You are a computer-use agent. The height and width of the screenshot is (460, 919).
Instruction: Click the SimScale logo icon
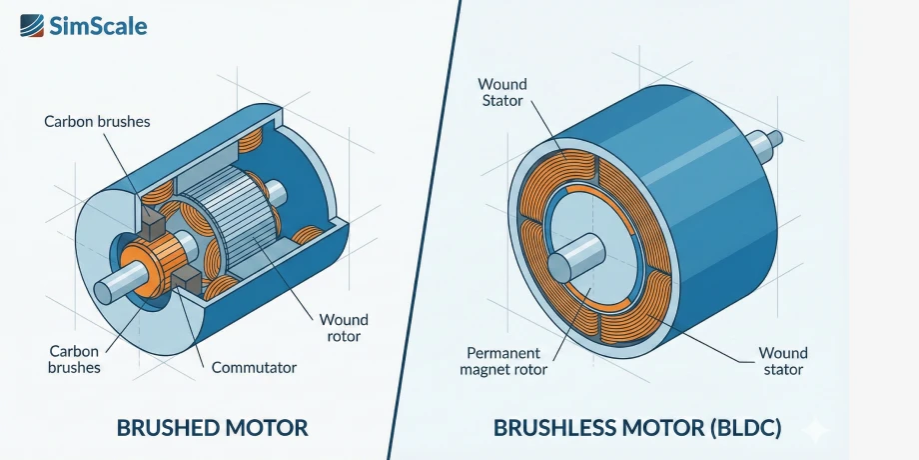[x=32, y=24]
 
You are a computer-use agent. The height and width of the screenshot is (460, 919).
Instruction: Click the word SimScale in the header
[x=98, y=25]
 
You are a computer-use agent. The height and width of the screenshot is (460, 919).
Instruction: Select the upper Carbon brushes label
[x=97, y=121]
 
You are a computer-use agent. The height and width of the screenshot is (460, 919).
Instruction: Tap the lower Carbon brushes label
[x=75, y=359]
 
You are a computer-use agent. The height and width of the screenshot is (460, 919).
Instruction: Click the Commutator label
[x=254, y=367]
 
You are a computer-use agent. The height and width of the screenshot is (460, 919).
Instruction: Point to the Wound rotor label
[x=344, y=327]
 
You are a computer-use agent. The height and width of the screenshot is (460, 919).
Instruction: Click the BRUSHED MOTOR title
[x=212, y=428]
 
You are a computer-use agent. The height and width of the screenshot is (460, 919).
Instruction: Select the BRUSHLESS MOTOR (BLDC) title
[x=637, y=428]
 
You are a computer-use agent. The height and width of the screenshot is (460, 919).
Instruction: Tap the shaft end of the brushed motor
[x=105, y=291]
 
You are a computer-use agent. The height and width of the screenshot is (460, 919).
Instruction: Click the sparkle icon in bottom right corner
[x=816, y=430]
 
